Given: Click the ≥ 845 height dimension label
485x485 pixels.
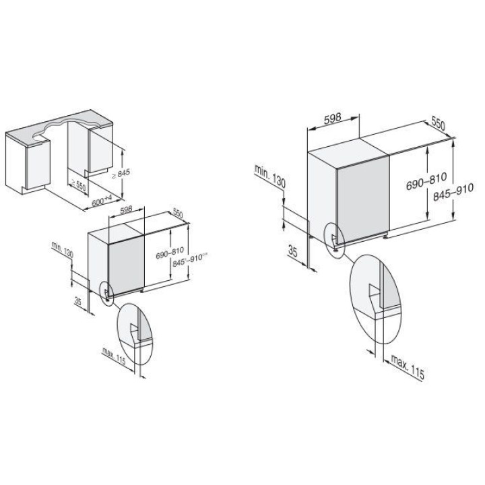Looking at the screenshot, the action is point(121,174).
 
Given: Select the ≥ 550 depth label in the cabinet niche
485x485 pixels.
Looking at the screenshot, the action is point(78,185).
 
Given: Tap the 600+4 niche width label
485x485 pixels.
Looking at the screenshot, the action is point(102,201).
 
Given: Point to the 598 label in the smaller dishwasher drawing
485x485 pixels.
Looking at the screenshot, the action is point(126,209).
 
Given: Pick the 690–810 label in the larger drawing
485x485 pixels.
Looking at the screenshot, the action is point(426,181).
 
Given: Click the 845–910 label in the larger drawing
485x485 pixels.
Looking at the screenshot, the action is point(453,192).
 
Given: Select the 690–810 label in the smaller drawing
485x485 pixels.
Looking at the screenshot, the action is point(170,253).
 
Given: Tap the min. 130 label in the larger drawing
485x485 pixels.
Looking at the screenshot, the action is point(270,176).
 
